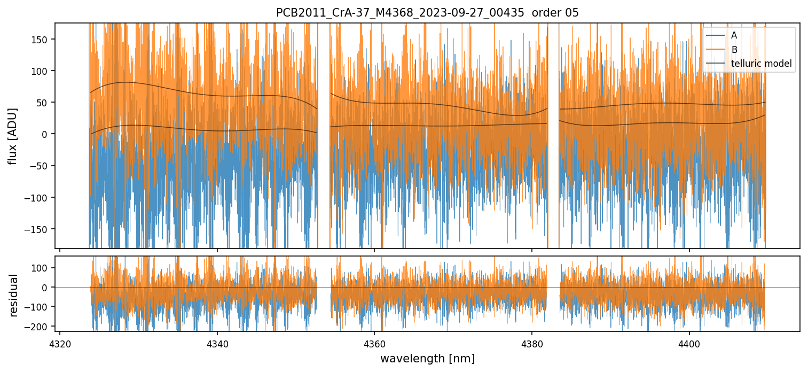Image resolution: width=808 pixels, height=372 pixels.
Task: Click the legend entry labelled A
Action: pyautogui.click(x=734, y=36)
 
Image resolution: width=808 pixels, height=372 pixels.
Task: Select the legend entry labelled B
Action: pyautogui.click(x=734, y=50)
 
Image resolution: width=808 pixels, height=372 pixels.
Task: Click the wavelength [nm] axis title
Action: pyautogui.click(x=427, y=358)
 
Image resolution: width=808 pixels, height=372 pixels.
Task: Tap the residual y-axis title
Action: pyautogui.click(x=14, y=295)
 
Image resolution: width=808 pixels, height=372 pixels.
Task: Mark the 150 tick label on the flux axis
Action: pyautogui.click(x=43, y=40)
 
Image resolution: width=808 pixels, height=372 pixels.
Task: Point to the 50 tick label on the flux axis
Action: pyautogui.click(x=45, y=103)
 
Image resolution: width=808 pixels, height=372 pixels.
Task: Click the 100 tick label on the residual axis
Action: pyautogui.click(x=43, y=268)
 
